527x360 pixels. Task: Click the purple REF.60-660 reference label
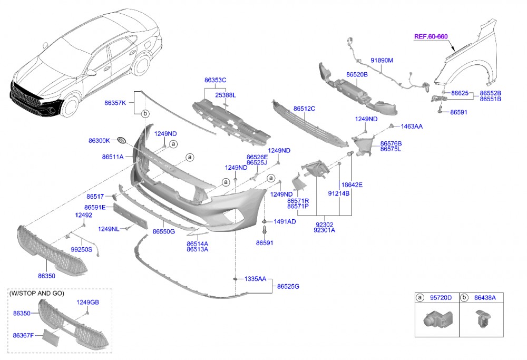431,36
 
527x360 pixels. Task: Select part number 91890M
382,60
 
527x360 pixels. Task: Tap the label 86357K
115,103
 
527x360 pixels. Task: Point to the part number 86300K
99,141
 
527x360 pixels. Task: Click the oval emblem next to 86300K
121,140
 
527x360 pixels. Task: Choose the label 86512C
304,109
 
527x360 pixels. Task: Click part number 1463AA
412,127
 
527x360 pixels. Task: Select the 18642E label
352,184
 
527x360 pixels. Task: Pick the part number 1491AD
284,222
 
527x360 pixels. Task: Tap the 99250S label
81,249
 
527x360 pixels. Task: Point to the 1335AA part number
255,278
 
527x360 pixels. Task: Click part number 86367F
24,334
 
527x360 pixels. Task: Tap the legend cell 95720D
441,298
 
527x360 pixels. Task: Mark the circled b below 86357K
145,113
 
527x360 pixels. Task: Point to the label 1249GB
87,302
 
